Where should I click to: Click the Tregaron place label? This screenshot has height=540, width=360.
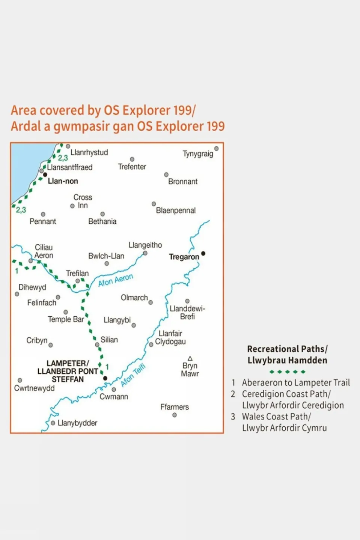184,257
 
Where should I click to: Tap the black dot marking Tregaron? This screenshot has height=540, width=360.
203,253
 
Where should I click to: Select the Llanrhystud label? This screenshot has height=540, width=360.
89,152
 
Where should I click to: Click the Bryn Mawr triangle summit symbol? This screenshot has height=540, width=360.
190,358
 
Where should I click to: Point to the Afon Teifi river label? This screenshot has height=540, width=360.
133,375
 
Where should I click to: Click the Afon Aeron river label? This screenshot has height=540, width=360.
116,280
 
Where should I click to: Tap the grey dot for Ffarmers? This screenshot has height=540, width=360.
175,415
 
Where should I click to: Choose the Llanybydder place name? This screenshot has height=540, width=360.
77,423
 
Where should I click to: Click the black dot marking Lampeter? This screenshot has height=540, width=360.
105,378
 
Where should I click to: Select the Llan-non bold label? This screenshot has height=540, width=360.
63,181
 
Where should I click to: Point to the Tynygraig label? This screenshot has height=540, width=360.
198,154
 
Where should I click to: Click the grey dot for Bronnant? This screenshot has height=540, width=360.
166,174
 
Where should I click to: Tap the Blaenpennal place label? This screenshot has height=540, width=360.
176,211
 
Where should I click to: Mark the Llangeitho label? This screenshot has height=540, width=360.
145,245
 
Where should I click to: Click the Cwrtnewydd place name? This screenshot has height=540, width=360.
34,388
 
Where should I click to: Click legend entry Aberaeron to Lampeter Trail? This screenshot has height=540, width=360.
295,383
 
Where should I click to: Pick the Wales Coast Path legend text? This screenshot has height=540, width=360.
276,417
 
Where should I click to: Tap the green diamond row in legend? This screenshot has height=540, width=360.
287,372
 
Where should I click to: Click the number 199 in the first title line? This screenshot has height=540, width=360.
182,110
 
